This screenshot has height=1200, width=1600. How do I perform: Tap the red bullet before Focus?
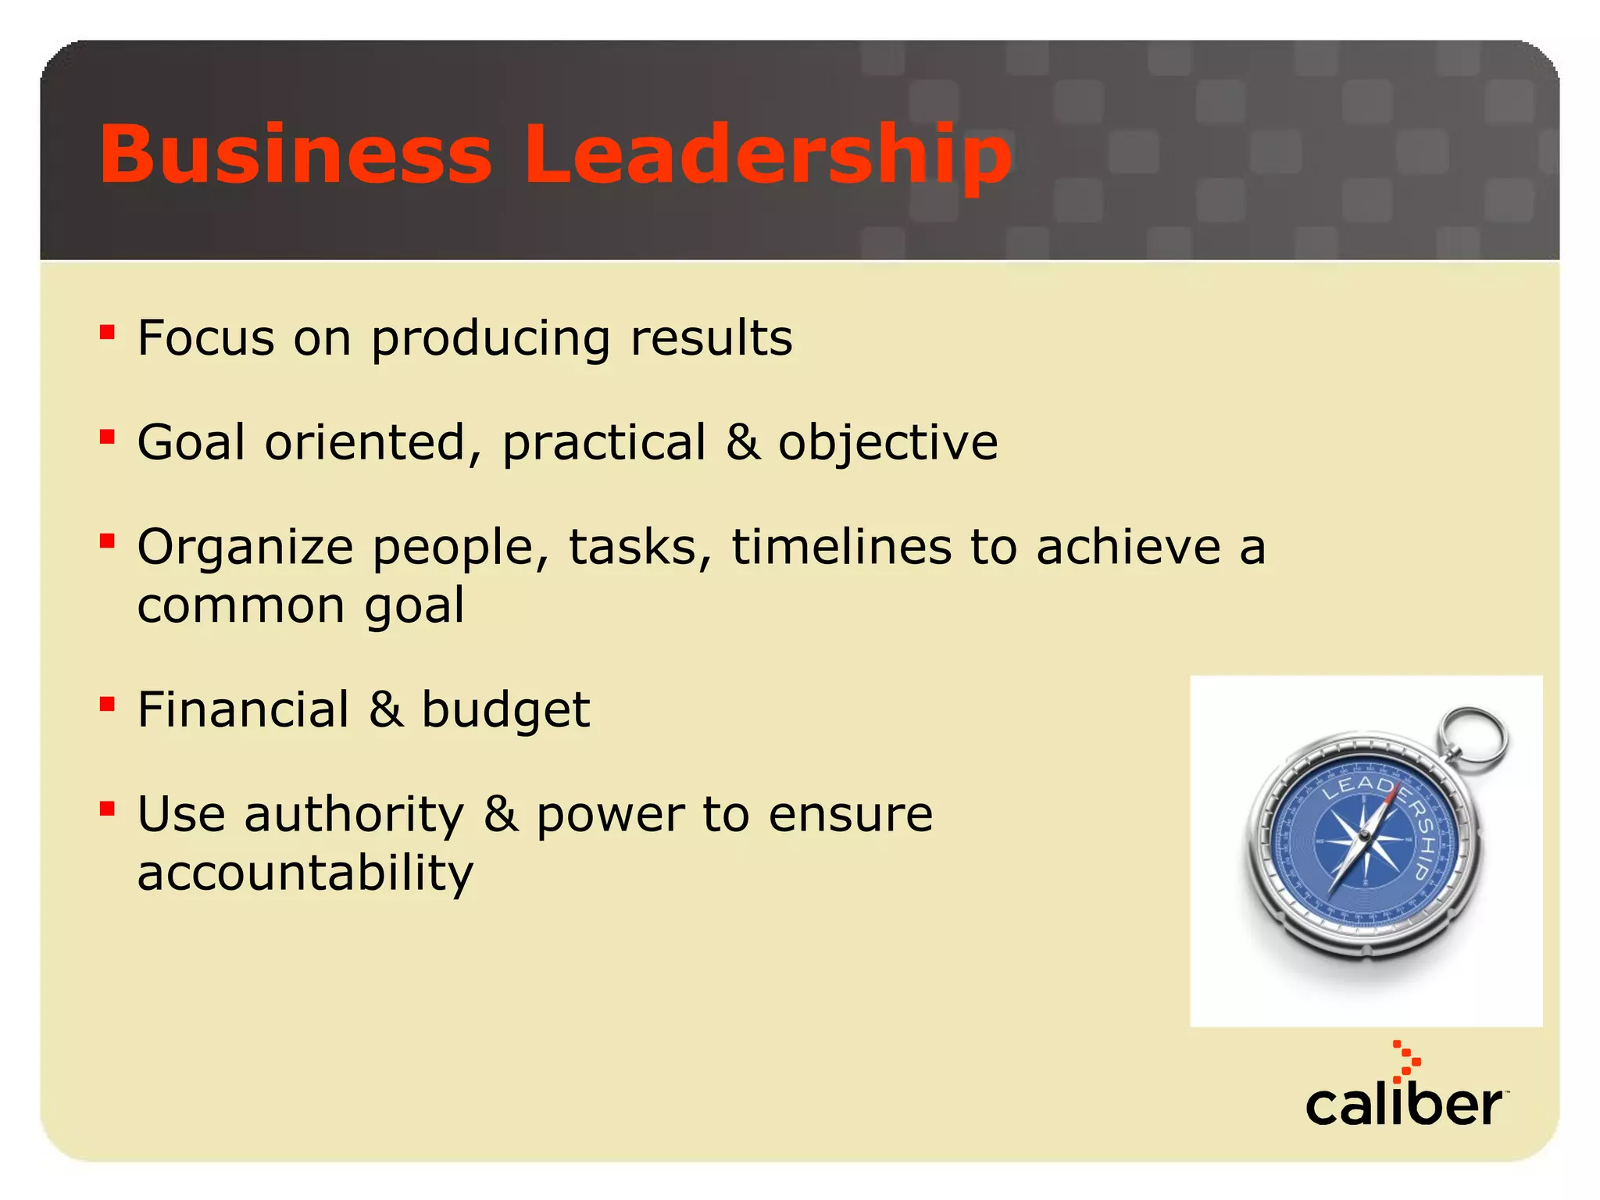[108, 333]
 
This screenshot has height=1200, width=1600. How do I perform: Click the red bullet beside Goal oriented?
[108, 437]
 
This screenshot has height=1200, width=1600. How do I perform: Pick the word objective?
[887, 444]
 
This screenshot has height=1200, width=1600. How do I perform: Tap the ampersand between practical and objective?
[742, 442]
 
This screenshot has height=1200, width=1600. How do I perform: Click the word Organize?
[245, 548]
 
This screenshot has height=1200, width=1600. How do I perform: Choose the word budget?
[505, 712]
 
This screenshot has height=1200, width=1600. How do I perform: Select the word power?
[609, 816]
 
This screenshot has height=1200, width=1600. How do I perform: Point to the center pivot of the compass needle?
[1364, 837]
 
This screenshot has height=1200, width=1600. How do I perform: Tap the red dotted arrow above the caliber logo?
[1405, 1061]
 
